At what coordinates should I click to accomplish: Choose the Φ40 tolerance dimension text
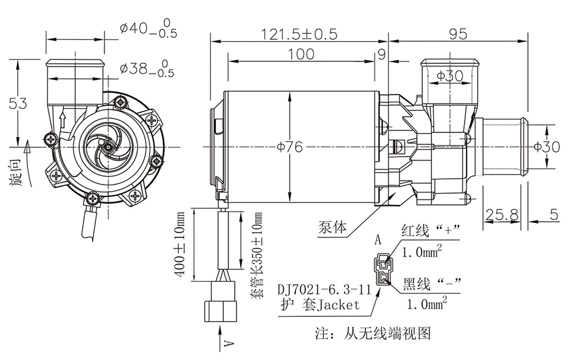click(x=146, y=31)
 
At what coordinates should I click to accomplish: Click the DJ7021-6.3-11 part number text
click(x=322, y=288)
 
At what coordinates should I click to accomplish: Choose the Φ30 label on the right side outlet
click(x=546, y=147)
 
